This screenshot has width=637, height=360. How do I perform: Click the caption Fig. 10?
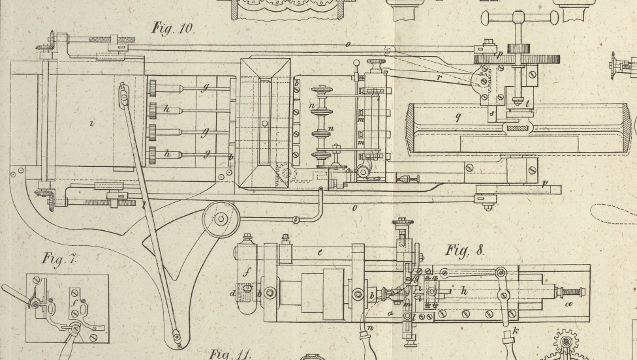[172, 28]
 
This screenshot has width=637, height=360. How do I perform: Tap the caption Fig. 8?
[465, 250]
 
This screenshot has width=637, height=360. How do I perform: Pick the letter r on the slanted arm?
[439, 76]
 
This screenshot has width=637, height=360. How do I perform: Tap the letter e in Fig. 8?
[320, 251]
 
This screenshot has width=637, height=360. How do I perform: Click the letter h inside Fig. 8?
[464, 292]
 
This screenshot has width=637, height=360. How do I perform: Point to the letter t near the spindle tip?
[527, 102]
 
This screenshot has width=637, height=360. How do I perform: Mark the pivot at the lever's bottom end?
[176, 337]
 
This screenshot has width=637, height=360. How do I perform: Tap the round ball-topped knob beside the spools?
[356, 64]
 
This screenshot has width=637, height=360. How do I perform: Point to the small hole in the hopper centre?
[264, 122]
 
